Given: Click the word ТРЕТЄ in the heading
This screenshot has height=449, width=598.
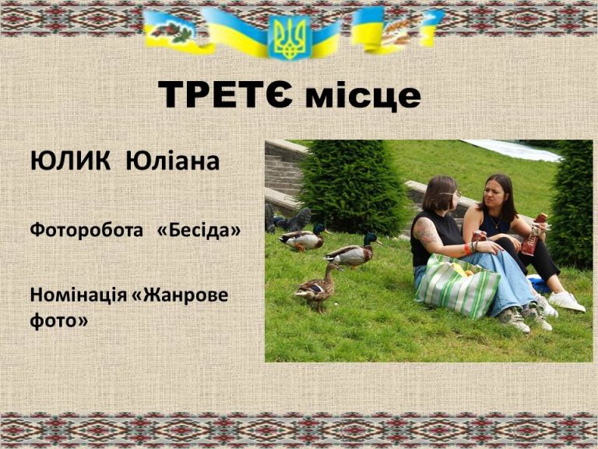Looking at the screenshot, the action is [x=225, y=94].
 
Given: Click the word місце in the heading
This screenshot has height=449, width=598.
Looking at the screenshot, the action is [x=363, y=96].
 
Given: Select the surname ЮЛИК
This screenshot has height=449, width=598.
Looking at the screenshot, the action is [x=70, y=161].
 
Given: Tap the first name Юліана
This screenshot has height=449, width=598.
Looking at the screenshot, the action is [x=172, y=161].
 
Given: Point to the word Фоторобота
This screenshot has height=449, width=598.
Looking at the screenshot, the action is [x=86, y=230].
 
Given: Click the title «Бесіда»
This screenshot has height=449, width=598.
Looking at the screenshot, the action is [x=199, y=230].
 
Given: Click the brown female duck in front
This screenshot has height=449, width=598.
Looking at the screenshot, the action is [x=317, y=286].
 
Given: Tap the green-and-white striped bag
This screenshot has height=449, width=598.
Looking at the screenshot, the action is [x=456, y=286].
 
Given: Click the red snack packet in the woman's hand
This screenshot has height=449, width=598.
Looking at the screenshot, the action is [x=534, y=235].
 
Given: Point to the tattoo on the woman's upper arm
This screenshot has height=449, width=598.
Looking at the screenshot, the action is [x=426, y=232].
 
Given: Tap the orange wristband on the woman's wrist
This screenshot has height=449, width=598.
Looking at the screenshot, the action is [x=467, y=249].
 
